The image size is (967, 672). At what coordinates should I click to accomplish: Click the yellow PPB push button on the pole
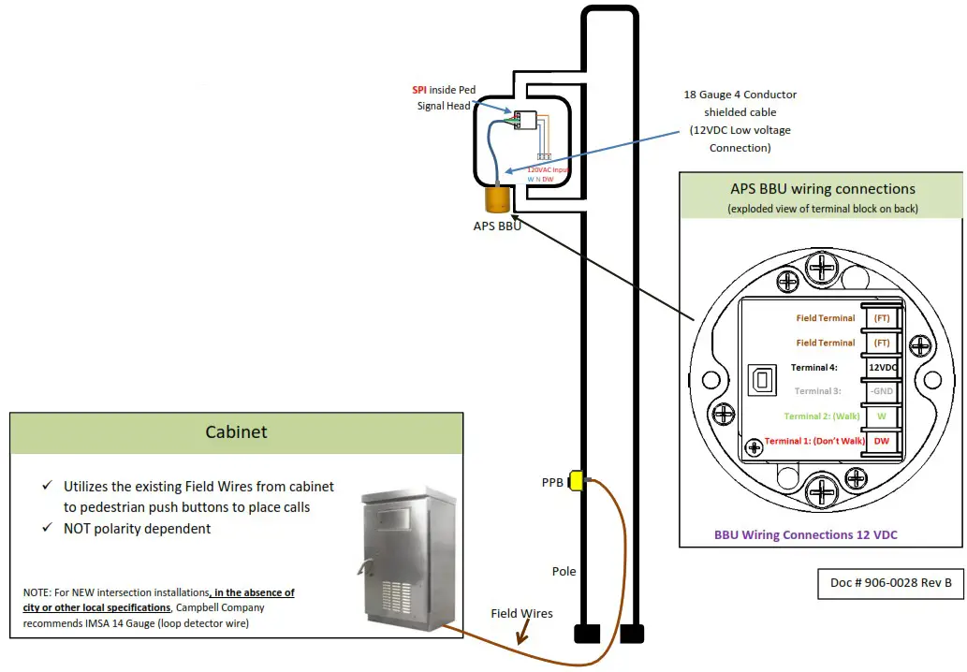[577, 480]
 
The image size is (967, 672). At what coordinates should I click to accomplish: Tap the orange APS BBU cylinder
[496, 198]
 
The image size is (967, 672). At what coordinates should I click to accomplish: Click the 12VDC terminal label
[883, 367]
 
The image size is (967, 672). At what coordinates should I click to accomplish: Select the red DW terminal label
[882, 440]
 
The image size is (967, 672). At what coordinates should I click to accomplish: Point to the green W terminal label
[882, 416]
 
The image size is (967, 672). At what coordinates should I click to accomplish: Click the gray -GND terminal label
[882, 391]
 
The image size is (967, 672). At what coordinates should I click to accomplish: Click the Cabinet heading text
[236, 431]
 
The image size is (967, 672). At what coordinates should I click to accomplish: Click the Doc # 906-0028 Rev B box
[890, 582]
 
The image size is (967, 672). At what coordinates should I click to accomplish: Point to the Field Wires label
[521, 614]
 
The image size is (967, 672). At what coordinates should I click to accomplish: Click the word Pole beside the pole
[564, 571]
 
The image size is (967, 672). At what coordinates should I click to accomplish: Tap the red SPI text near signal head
[418, 90]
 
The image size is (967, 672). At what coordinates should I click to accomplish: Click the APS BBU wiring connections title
[822, 189]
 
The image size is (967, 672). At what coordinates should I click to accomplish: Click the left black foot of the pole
[586, 634]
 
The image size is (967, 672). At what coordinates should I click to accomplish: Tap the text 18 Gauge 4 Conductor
[740, 95]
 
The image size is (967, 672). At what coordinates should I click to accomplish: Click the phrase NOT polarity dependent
[137, 529]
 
